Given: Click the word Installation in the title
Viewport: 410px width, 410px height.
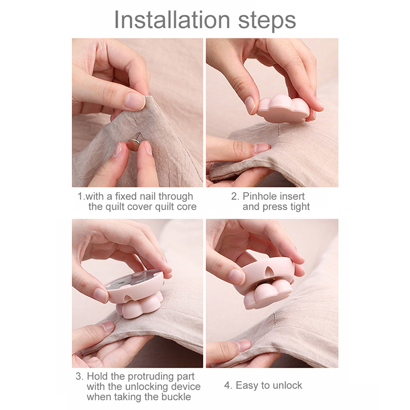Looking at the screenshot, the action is point(172,19).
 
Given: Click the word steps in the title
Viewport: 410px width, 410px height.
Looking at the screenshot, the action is point(267,21).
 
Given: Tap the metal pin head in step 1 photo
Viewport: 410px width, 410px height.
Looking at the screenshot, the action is point(134,145).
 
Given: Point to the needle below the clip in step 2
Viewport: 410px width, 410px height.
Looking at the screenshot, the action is point(279,131).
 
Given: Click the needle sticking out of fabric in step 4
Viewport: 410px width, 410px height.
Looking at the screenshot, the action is point(275,318).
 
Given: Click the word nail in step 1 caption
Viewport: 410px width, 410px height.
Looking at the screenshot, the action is point(148,196).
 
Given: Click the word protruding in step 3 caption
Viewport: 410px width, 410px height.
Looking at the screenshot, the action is point(152,377).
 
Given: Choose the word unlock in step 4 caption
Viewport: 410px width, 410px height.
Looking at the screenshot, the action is point(287,385).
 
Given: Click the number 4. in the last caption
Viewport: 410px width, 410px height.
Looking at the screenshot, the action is point(228,385).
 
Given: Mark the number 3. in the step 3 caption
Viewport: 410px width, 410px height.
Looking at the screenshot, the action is point(79,376).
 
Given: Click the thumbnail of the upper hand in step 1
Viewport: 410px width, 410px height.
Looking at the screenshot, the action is point(135,101).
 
